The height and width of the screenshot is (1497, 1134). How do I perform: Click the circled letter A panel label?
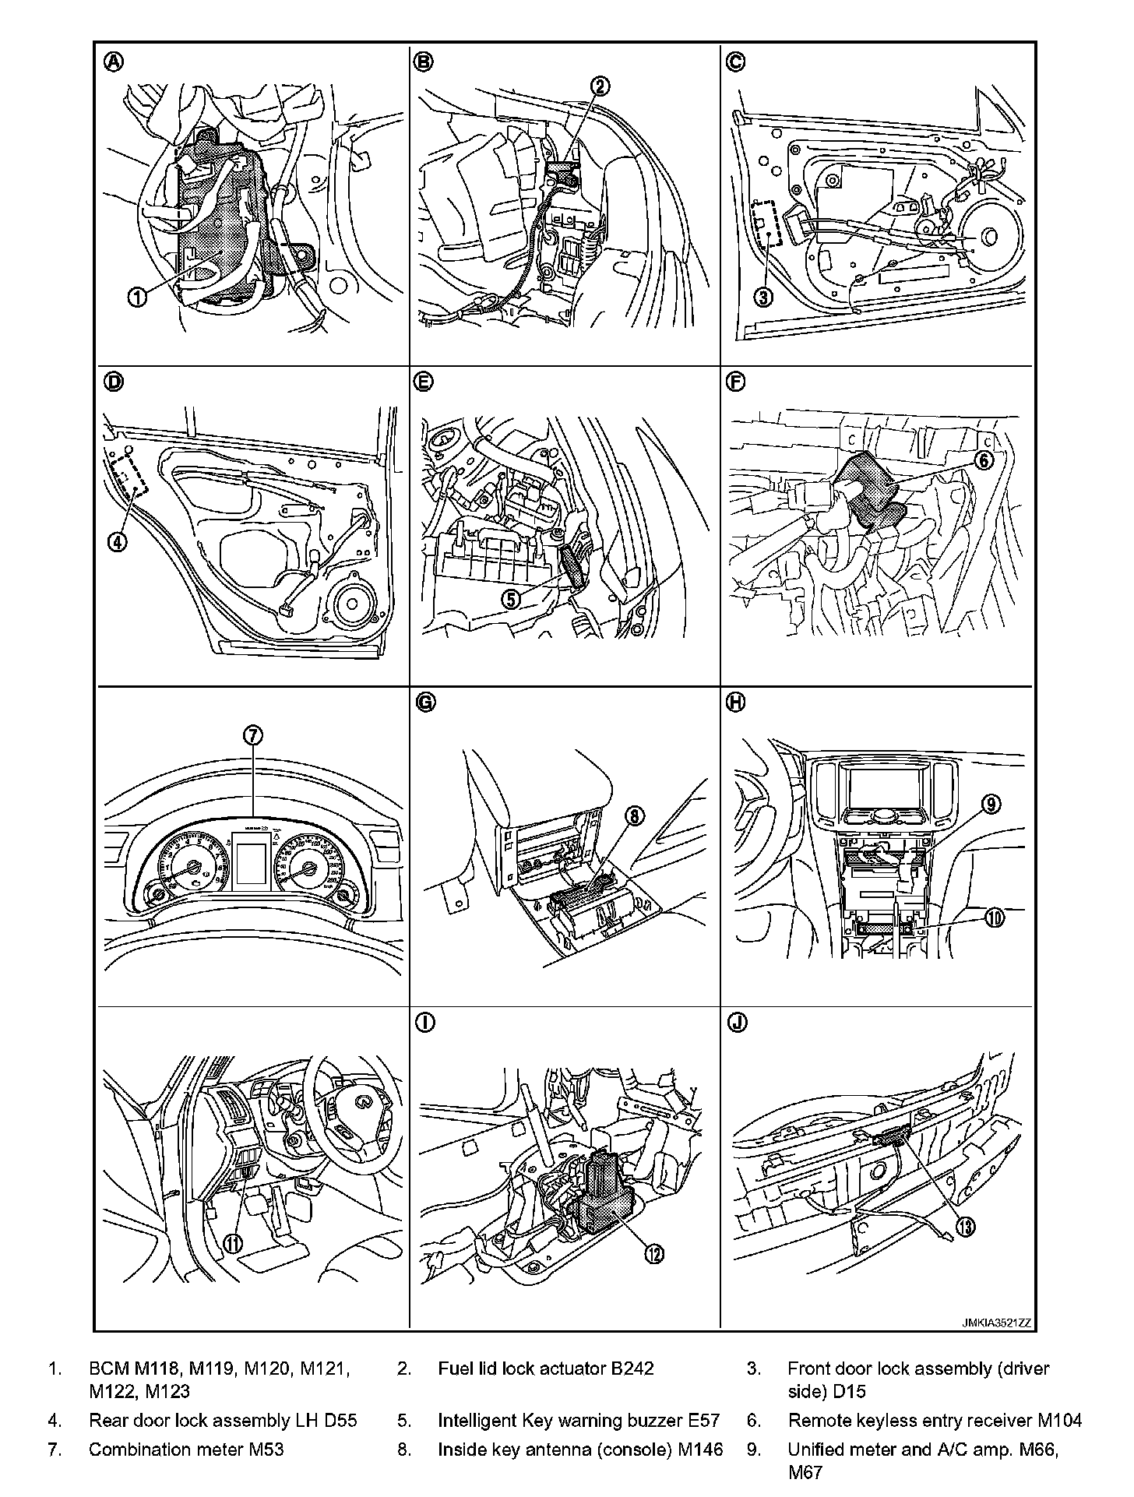point(113,62)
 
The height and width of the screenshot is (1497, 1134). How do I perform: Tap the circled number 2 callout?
point(600,86)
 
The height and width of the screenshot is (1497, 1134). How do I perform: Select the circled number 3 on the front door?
point(765,297)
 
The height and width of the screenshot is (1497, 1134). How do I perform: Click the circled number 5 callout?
point(511,598)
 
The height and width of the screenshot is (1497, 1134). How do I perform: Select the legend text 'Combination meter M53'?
point(186,1449)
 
